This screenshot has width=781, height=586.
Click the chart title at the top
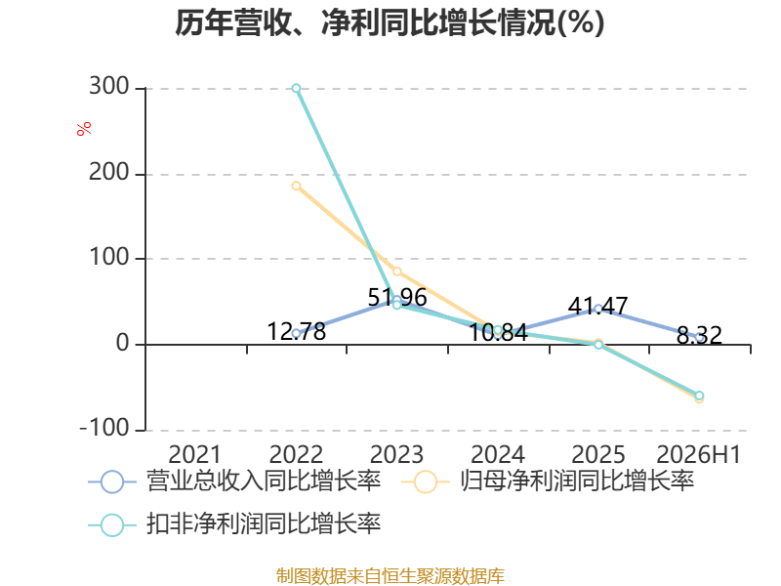pos(390,22)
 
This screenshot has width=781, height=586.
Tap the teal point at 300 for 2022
pos(297,88)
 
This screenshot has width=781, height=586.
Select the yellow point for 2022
pos(297,186)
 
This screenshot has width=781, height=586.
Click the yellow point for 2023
pos(397,272)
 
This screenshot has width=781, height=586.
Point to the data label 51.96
pos(397,298)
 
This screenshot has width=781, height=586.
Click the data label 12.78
pos(297,331)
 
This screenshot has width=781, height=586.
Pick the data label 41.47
pos(597,306)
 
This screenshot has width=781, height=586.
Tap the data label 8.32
pos(699,335)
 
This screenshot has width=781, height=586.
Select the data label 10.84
pos(498,332)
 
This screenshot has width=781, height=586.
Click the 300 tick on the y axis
pos(109,87)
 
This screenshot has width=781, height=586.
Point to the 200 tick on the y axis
pos(109,173)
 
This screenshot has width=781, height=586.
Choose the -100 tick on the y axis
pos(104,428)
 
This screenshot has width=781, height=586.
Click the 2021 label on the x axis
pos(194,454)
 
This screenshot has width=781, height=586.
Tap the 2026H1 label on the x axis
pos(699,454)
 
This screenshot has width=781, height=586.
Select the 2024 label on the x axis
pos(498,454)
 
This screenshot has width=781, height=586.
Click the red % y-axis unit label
pos(84,128)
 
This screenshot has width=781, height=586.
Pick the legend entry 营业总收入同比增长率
pos(235,481)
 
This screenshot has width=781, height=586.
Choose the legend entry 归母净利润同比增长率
pos(548,481)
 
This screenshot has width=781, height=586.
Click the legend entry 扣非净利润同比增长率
pos(235,524)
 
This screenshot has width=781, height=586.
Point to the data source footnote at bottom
pos(390,576)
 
